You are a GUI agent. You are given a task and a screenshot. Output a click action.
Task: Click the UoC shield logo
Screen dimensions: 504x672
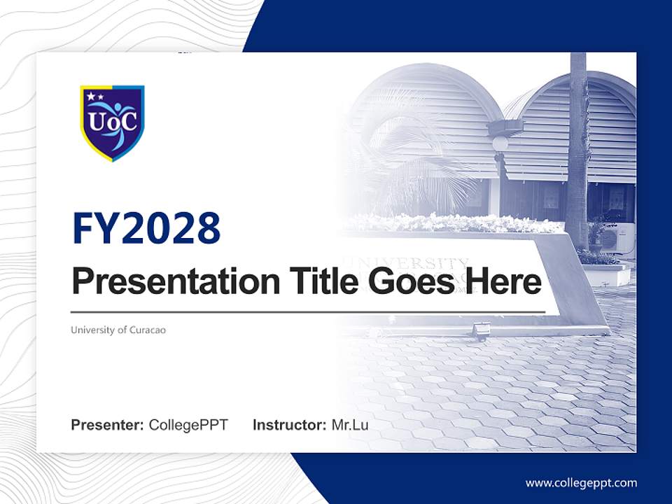click(x=112, y=122)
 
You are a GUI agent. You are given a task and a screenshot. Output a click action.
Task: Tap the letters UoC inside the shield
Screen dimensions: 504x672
click(x=112, y=121)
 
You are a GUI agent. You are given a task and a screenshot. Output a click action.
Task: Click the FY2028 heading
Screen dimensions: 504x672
click(x=146, y=228)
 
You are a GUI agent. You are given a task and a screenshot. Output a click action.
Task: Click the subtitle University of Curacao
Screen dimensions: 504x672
click(x=118, y=330)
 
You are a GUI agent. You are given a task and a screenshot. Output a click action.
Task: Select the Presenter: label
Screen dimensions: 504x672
click(x=108, y=425)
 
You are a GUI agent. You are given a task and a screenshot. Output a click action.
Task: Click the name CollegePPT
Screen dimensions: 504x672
click(x=188, y=425)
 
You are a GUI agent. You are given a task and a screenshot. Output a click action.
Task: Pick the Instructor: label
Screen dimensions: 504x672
click(x=289, y=425)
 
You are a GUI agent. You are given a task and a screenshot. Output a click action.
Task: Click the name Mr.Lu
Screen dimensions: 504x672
click(x=350, y=425)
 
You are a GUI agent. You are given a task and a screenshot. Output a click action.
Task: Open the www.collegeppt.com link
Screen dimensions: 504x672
click(x=581, y=482)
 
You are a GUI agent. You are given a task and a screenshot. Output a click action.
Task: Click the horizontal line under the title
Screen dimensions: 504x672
click(x=308, y=311)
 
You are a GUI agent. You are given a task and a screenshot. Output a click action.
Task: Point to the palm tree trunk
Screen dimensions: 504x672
click(x=577, y=154)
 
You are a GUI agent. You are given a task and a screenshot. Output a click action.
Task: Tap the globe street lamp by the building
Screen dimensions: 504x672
click(x=500, y=143)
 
